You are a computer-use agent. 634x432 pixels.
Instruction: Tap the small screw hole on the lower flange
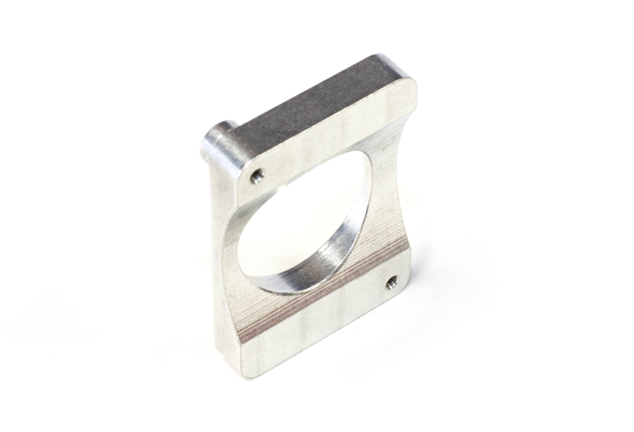pyautogui.click(x=391, y=284)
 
